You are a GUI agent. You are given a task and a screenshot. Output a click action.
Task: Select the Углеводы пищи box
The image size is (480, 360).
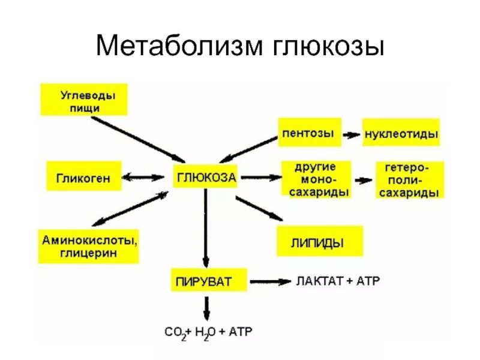(84, 100)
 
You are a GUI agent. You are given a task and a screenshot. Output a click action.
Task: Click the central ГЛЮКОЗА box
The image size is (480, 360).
(206, 177)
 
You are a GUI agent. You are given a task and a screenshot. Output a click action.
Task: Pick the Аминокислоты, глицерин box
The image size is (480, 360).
(89, 246)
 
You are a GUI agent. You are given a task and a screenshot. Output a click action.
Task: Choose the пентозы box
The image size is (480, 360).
(308, 133)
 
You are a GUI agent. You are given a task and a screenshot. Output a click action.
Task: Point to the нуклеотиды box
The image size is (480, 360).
(401, 134)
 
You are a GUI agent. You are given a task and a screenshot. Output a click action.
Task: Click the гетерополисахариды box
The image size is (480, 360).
(410, 179)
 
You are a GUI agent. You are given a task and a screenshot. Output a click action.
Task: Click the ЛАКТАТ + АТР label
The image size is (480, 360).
(338, 280)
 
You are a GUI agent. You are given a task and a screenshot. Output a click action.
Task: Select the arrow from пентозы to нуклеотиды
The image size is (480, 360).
(351, 135)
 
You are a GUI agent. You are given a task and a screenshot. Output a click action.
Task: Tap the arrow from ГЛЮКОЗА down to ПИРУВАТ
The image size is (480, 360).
(206, 228)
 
